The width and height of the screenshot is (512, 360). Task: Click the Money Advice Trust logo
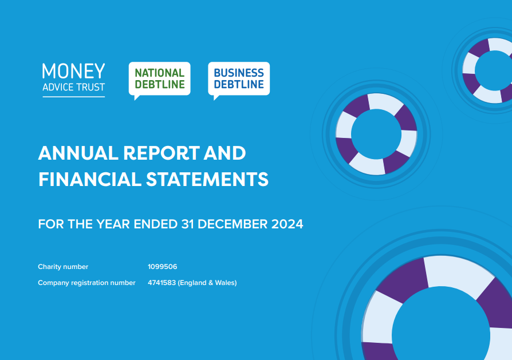click(73, 80)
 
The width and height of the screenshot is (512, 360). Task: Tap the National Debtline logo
click(159, 80)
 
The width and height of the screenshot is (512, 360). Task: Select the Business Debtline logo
click(239, 80)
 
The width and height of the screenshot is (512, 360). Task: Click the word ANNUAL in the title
click(78, 153)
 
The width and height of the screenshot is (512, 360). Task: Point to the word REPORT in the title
click(162, 153)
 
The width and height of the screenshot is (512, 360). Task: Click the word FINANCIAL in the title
click(89, 179)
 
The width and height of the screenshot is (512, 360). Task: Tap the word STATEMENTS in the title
click(207, 179)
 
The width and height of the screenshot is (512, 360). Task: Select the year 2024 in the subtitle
click(287, 224)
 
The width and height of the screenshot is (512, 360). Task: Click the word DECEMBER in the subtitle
click(233, 224)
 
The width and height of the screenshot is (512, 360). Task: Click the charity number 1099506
click(162, 267)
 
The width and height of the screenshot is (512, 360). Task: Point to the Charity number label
click(63, 267)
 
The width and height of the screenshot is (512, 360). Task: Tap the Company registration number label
click(86, 283)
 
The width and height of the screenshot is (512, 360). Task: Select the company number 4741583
click(162, 283)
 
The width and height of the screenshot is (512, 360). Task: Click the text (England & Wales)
click(207, 283)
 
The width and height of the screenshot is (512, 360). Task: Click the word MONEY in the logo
click(73, 71)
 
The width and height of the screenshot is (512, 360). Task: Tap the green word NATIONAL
click(160, 73)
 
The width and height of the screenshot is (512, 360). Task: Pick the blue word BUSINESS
click(239, 73)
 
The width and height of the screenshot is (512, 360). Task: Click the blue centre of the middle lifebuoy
click(376, 134)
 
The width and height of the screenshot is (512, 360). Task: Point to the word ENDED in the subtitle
click(155, 224)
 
